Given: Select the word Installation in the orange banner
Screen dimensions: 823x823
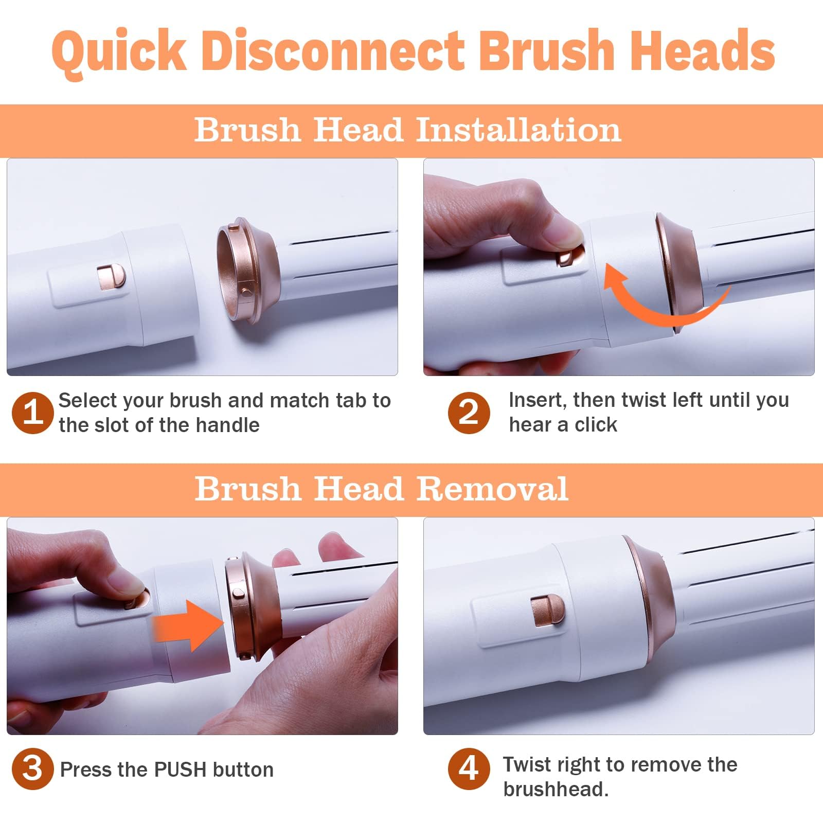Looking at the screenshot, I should pyautogui.click(x=518, y=130).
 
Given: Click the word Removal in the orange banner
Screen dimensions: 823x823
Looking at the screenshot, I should pyautogui.click(x=492, y=489).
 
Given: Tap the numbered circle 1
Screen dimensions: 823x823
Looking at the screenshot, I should pyautogui.click(x=32, y=413).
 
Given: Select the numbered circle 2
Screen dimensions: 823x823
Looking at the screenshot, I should pyautogui.click(x=468, y=413).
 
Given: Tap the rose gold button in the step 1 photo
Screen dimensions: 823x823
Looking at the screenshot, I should pyautogui.click(x=111, y=278).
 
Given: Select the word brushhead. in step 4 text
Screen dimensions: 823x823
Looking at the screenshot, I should pyautogui.click(x=556, y=789).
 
